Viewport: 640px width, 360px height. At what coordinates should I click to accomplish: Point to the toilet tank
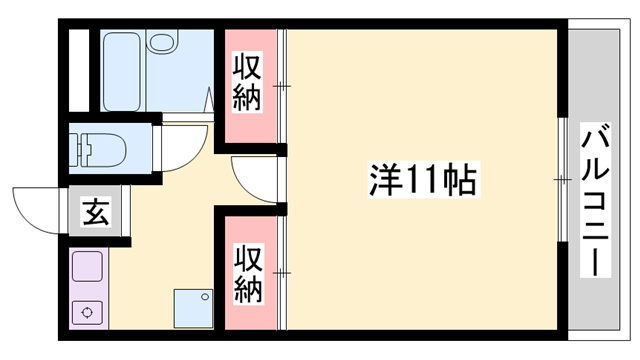pos(78,148)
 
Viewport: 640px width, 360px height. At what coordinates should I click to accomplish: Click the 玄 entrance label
pos(96,213)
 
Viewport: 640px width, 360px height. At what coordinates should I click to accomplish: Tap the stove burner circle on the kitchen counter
pos(88,312)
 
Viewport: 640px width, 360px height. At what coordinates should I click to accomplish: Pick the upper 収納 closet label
pos(248,84)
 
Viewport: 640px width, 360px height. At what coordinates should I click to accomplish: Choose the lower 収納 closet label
pos(248,272)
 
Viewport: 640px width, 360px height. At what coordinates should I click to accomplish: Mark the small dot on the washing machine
pos(207,295)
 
